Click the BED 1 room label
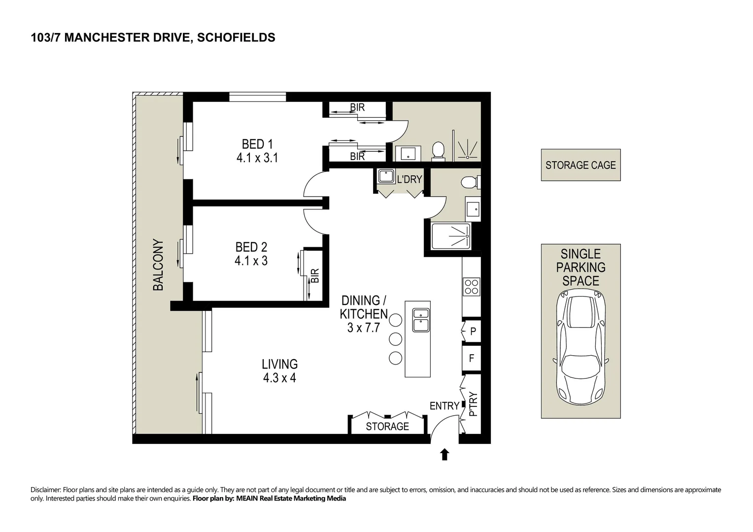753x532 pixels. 257,144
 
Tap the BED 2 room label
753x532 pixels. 251,247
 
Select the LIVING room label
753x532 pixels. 279,365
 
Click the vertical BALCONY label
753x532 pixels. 158,265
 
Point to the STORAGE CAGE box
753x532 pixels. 581,166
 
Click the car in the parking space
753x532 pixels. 581,346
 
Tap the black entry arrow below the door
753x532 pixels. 445,454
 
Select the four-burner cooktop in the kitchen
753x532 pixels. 471,287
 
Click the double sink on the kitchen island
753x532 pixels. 421,320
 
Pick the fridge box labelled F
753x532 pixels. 471,359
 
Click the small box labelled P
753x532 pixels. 472,332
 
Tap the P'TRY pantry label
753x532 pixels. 473,404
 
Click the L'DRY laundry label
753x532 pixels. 410,179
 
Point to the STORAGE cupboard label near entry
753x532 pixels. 387,427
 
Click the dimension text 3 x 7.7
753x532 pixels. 364,328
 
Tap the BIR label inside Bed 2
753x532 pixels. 315,276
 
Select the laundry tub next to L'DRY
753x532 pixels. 385,176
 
